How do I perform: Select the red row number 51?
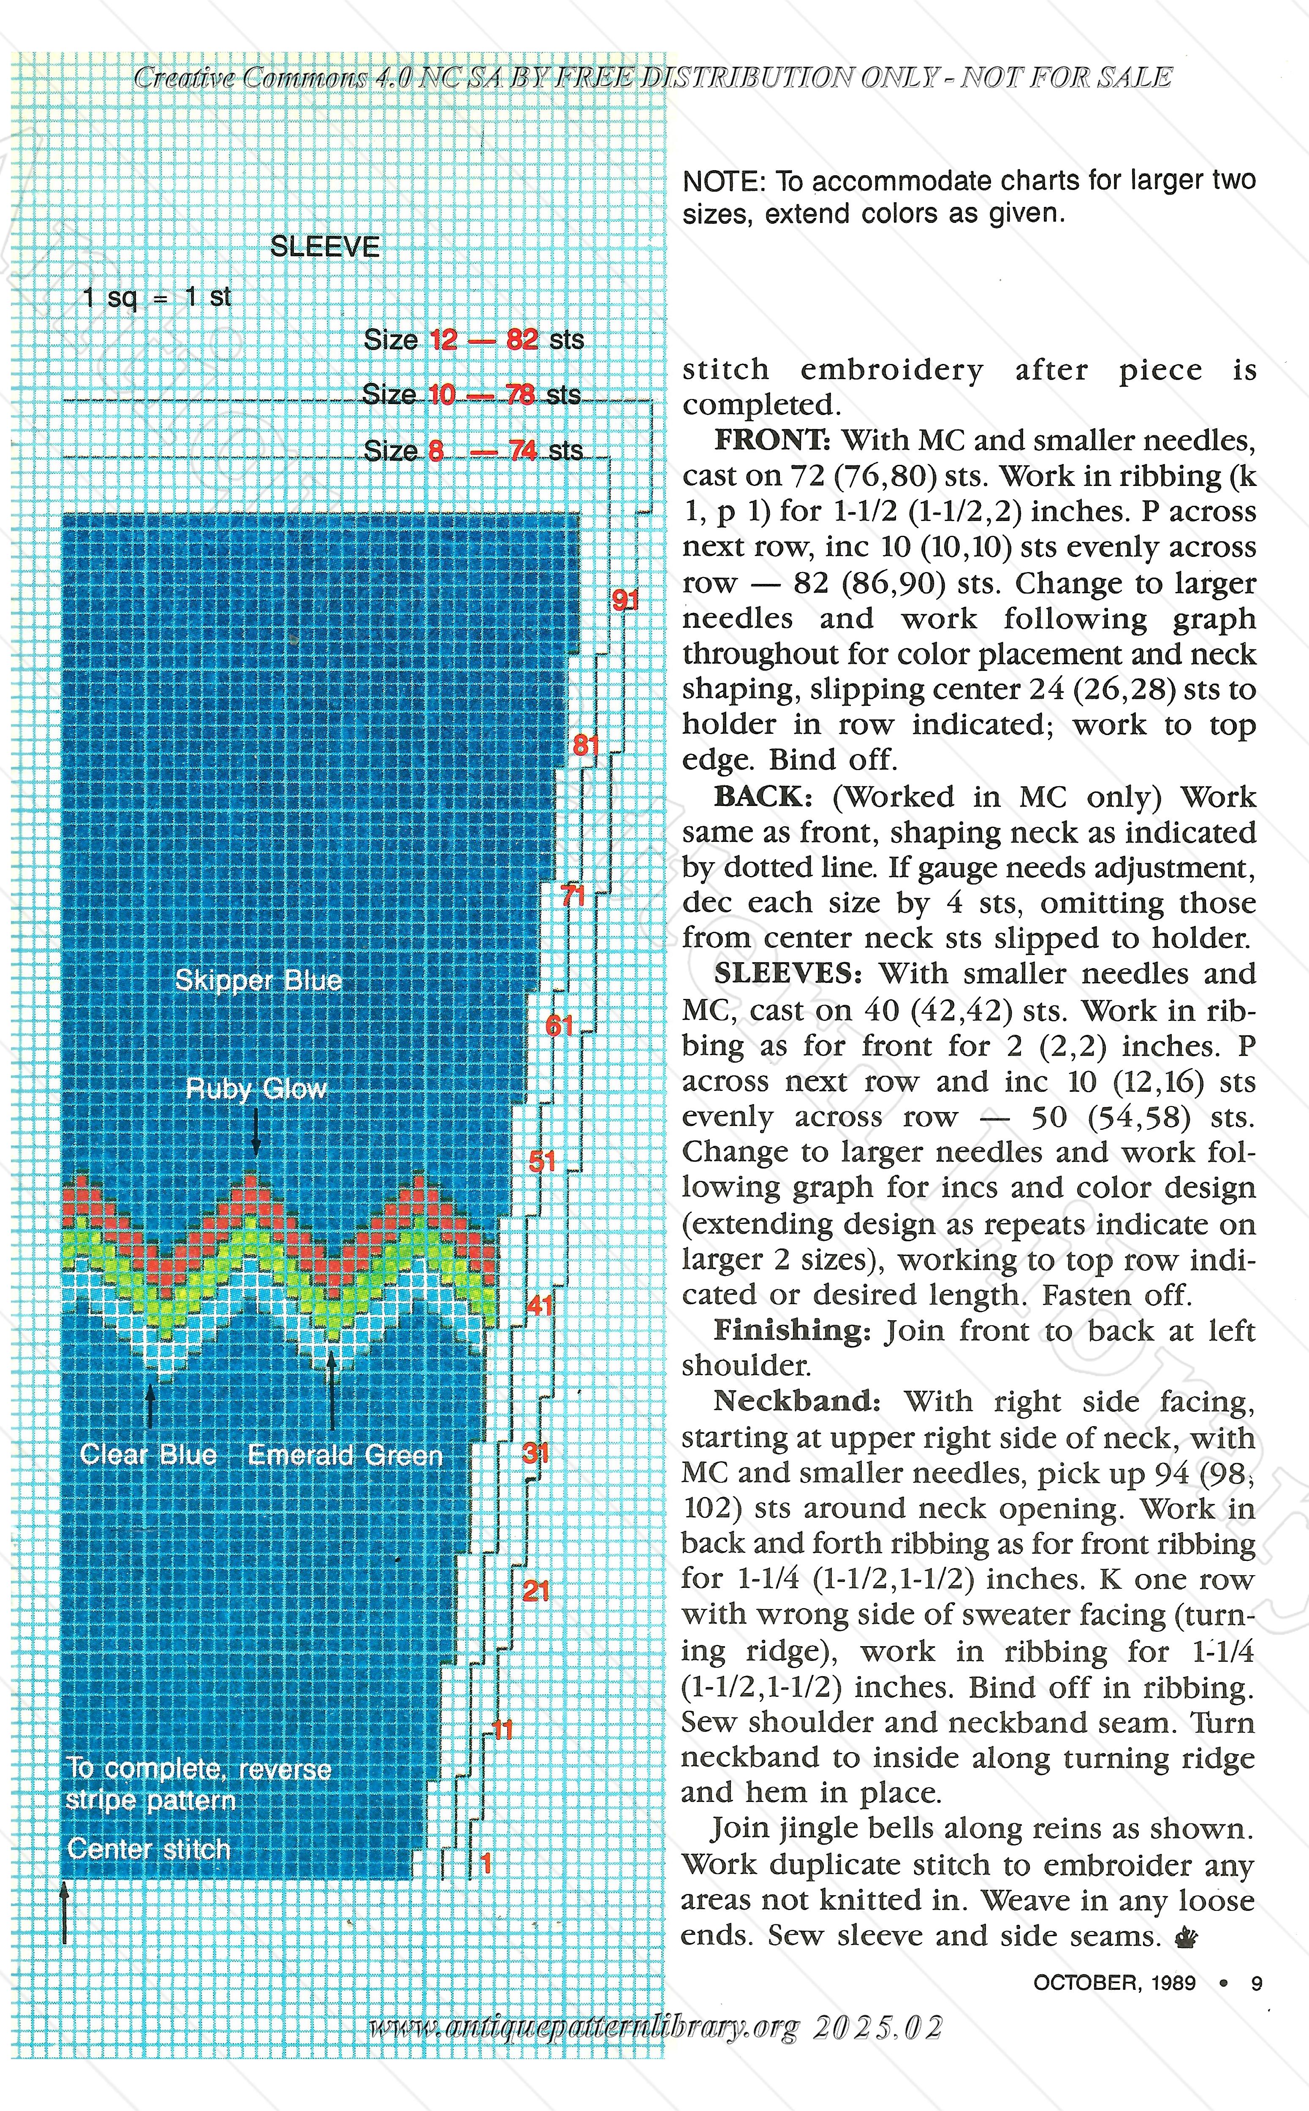click(x=542, y=1161)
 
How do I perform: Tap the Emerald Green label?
click(x=345, y=1455)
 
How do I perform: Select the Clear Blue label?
click(x=148, y=1454)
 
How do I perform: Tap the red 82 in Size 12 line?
click(x=522, y=339)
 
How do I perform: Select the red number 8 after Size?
click(x=436, y=450)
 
